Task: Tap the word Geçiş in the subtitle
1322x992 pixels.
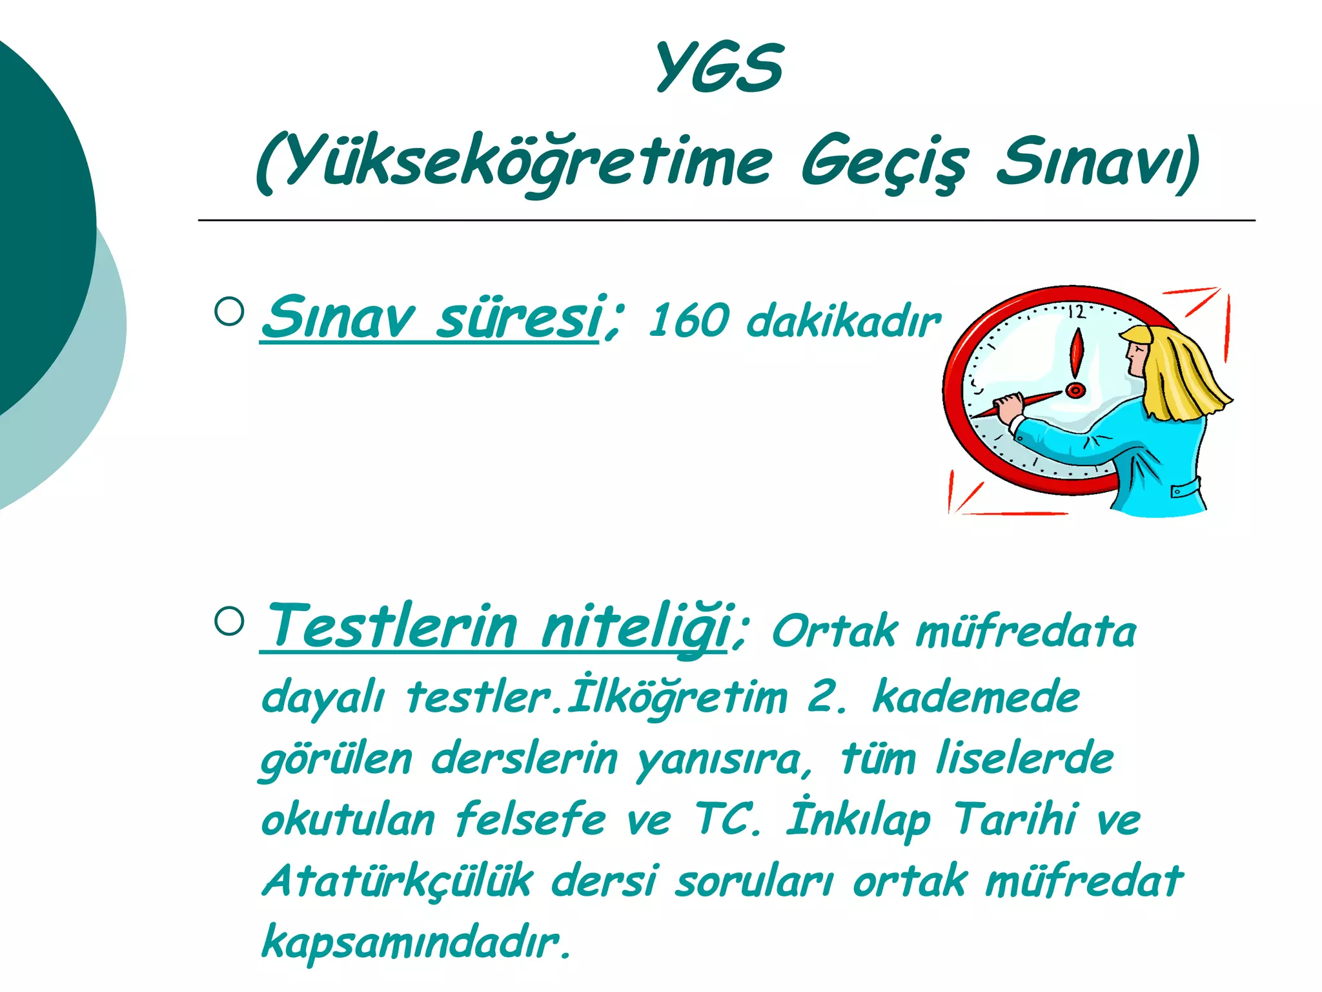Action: [x=884, y=161]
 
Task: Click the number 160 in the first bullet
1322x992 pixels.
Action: [x=688, y=321]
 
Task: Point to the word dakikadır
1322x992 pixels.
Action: [x=843, y=320]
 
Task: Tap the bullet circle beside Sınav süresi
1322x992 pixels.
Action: [x=229, y=311]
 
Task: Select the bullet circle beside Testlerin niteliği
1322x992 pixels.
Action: [x=229, y=621]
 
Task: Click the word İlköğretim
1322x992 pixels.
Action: [x=677, y=697]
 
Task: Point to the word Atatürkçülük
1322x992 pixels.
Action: [x=398, y=881]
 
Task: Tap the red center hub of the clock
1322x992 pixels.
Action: [x=1075, y=390]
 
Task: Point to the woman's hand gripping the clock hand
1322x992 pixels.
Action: [x=1010, y=408]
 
